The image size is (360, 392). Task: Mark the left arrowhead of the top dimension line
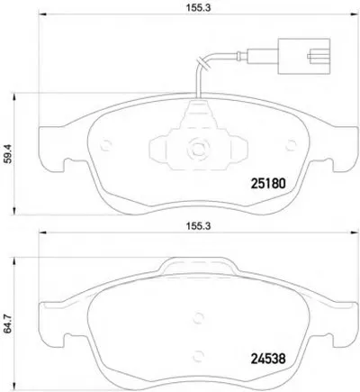pyautogui.click(x=41, y=24)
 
